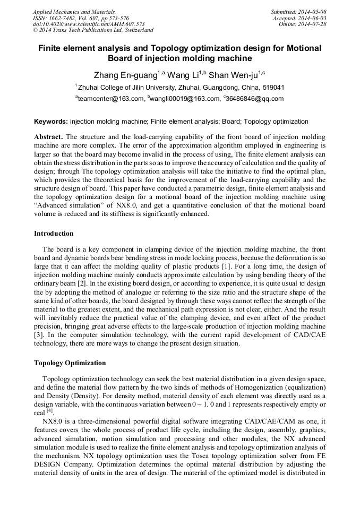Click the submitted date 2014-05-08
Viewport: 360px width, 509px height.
[x=312, y=12]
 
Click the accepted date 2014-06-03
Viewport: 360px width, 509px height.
[x=313, y=18]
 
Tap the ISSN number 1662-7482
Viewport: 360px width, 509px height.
[x=63, y=18]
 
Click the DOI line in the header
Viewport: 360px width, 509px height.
[x=89, y=24]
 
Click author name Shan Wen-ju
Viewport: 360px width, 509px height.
[x=237, y=75]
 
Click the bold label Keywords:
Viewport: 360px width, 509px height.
[x=51, y=122]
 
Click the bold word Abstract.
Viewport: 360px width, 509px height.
[x=49, y=136]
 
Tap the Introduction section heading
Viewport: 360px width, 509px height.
[x=54, y=234]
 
